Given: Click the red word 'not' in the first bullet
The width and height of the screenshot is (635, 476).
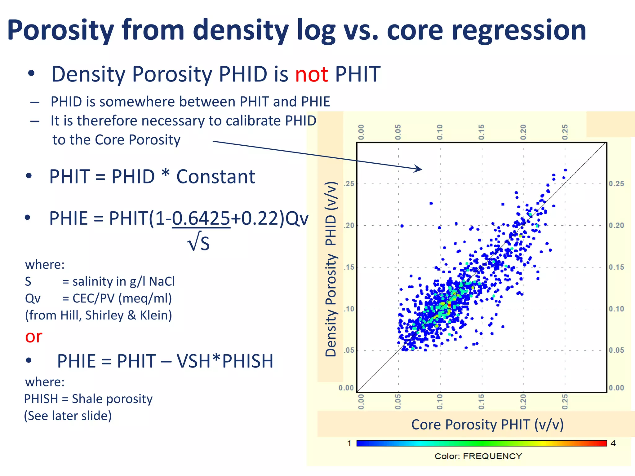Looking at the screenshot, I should (311, 74).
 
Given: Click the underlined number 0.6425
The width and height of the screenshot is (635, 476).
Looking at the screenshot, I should (201, 218).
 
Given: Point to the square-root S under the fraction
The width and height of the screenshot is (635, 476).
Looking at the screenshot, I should (199, 243).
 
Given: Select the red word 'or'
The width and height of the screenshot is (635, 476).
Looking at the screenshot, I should (33, 337).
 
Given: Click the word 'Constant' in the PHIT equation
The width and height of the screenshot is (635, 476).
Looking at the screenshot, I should (215, 177).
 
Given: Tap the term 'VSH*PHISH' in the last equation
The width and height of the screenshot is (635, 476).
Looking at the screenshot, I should (225, 361).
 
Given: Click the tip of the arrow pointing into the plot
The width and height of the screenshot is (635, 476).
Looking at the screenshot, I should (421, 170).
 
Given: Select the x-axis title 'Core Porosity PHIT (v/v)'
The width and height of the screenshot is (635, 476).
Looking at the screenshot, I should (487, 425).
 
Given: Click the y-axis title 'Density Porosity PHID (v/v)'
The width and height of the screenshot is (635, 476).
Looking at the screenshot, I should (331, 269).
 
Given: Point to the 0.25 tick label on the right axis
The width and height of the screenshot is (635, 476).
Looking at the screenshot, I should (616, 184).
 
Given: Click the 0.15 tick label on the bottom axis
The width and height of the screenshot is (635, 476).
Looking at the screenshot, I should (481, 402).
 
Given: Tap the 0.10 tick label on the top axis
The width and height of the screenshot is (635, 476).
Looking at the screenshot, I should (440, 132).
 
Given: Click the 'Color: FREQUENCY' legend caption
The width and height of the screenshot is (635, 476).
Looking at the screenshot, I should (478, 456).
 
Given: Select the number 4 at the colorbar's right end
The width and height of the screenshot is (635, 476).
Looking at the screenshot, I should (613, 443).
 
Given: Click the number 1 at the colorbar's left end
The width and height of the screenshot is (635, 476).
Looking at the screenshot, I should (349, 443).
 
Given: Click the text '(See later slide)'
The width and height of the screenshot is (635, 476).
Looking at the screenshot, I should (68, 416).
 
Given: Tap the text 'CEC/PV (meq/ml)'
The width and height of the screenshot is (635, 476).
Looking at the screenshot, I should (122, 298).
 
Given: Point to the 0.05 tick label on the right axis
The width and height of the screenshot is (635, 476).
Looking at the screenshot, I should (616, 350).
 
